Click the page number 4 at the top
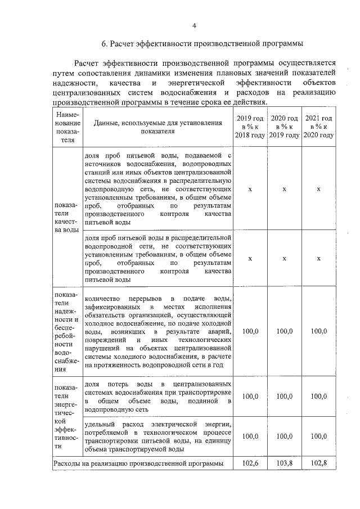tap(194, 25)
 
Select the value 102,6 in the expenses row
tap(250, 463)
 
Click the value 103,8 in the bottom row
tap(284, 463)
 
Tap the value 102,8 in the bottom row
tap(318, 463)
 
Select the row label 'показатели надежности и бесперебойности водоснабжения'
tap(67, 332)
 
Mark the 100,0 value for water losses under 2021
tap(318, 397)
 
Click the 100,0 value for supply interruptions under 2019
tap(250, 331)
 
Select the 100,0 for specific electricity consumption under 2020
tap(284, 436)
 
